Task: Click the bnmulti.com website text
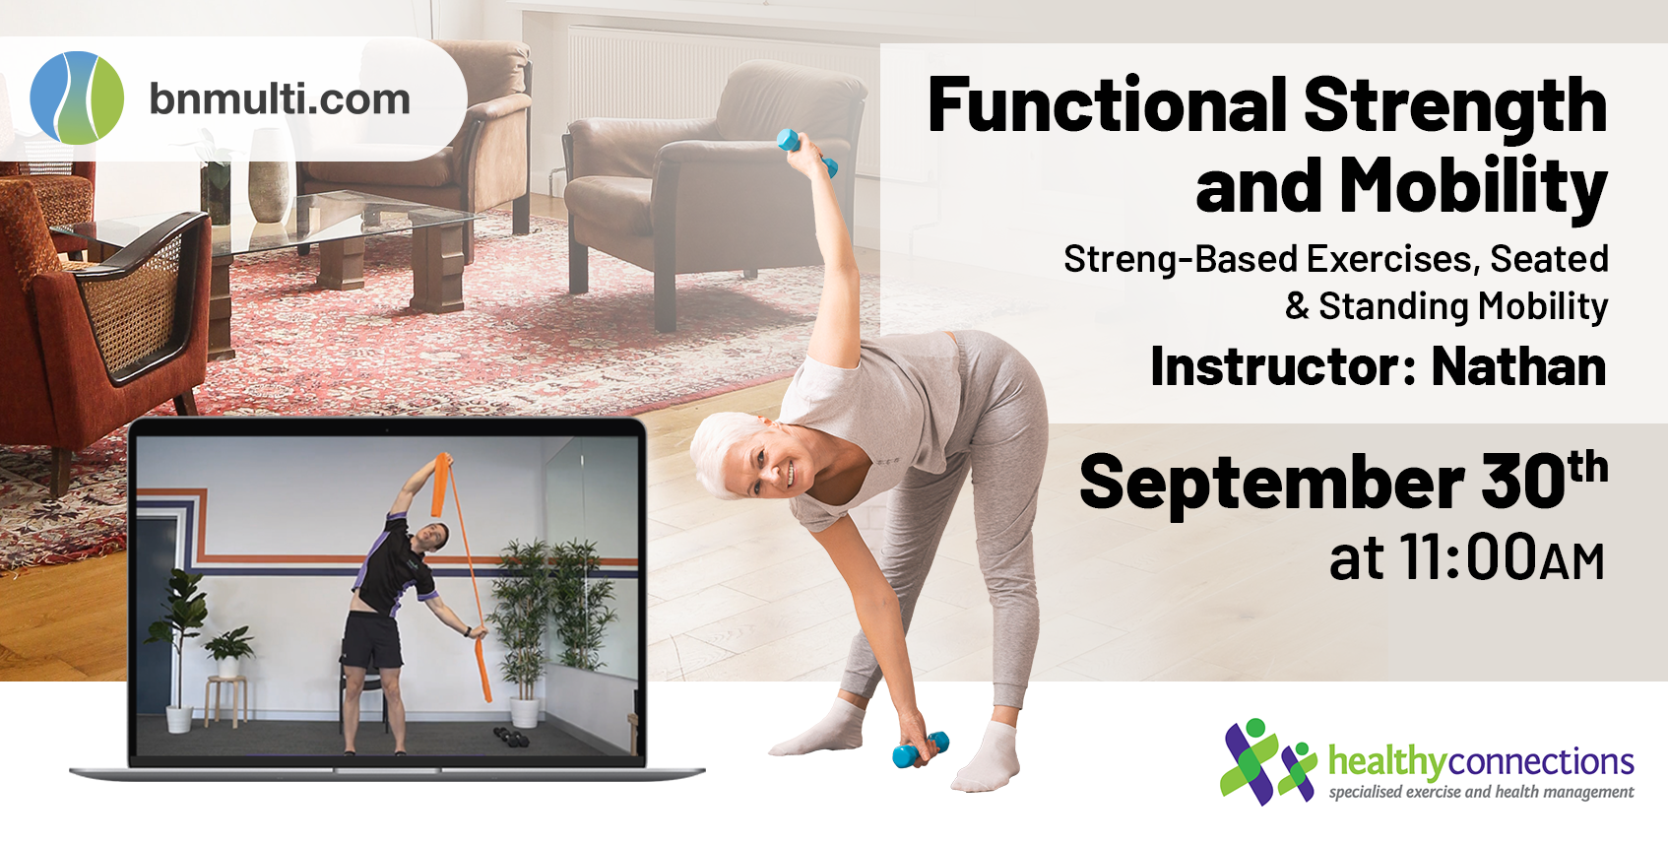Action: coord(280,99)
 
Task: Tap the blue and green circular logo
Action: coord(77,97)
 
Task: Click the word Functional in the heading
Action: coord(1108,104)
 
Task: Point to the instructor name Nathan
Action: coord(1518,365)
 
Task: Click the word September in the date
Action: coord(1272,483)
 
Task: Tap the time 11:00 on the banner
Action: coord(1468,555)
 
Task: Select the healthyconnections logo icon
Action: coord(1267,761)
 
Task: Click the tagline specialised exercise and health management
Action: coord(1481,792)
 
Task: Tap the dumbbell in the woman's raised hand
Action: coord(806,152)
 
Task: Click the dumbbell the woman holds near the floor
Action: coord(921,749)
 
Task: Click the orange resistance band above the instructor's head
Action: coord(441,484)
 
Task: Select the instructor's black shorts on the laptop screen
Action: coord(371,640)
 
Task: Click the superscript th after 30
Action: coord(1587,467)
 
